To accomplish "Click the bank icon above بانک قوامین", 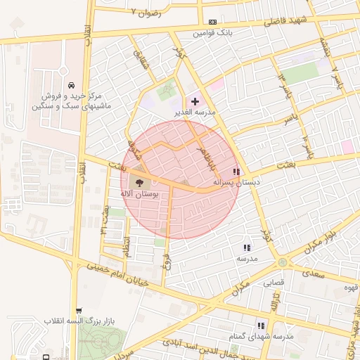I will (213, 22).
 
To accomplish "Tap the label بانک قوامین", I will (214, 33).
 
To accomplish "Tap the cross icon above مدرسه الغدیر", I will (195, 102).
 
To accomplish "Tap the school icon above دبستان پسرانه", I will (236, 172).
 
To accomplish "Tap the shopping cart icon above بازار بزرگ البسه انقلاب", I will (79, 310).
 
